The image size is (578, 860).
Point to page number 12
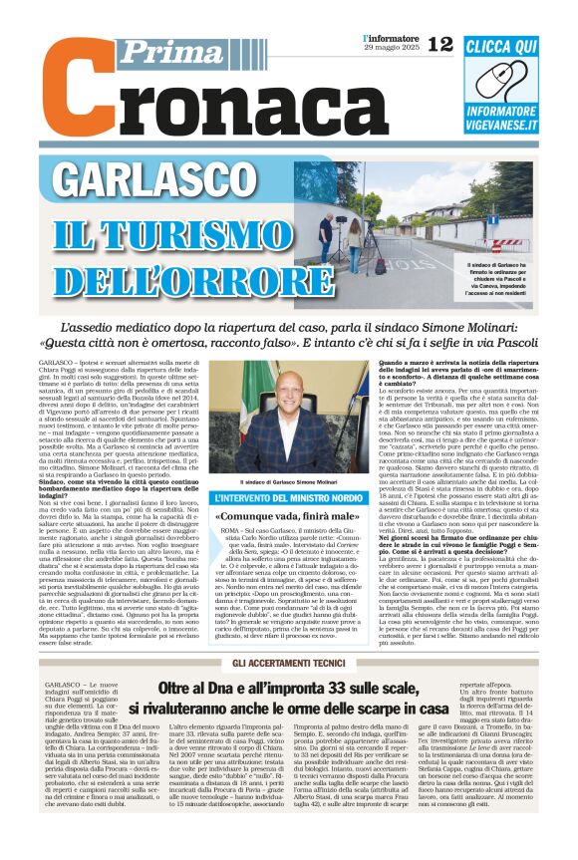click(438, 43)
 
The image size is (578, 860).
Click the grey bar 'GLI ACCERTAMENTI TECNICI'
click(288, 664)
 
